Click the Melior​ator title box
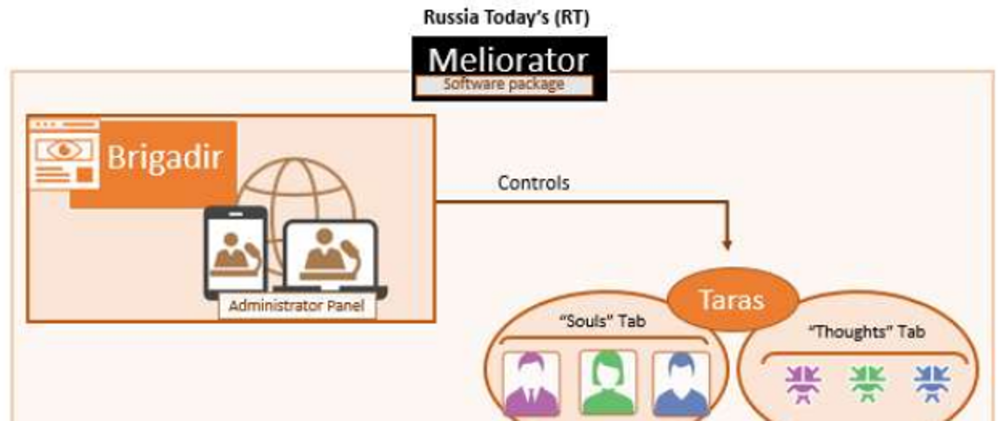point(509,68)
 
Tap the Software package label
point(504,85)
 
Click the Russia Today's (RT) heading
point(507,17)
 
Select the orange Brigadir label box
point(154,164)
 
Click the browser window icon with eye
point(64,154)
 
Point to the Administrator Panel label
point(297,306)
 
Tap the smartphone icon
point(236,253)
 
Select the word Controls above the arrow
point(533,183)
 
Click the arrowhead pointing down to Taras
point(727,244)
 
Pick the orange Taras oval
point(732,299)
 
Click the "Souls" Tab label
point(603,321)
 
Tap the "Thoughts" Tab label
point(867,332)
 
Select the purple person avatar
point(532,384)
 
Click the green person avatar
point(608,384)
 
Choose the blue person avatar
point(681,384)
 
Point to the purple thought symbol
point(803,384)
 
